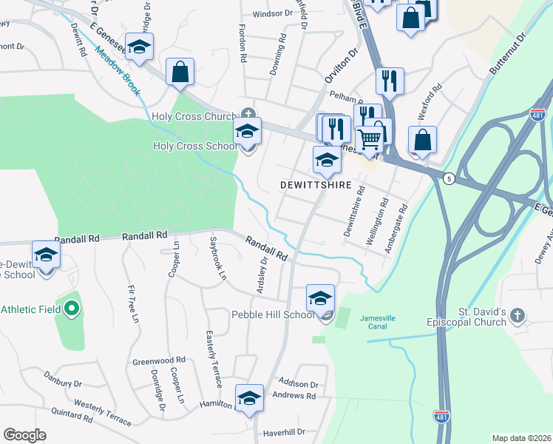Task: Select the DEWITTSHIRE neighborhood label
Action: pyautogui.click(x=316, y=183)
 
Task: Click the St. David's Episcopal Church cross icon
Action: pyautogui.click(x=518, y=316)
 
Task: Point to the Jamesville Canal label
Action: pyautogui.click(x=378, y=322)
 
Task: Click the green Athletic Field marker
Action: pyautogui.click(x=71, y=308)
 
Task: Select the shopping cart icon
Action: pyautogui.click(x=370, y=138)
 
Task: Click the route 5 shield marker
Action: pyautogui.click(x=448, y=178)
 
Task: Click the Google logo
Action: pyautogui.click(x=24, y=435)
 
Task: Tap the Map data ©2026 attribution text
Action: pyautogui.click(x=521, y=438)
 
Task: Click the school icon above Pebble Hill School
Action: pyautogui.click(x=320, y=298)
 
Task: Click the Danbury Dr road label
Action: pyautogui.click(x=62, y=383)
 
